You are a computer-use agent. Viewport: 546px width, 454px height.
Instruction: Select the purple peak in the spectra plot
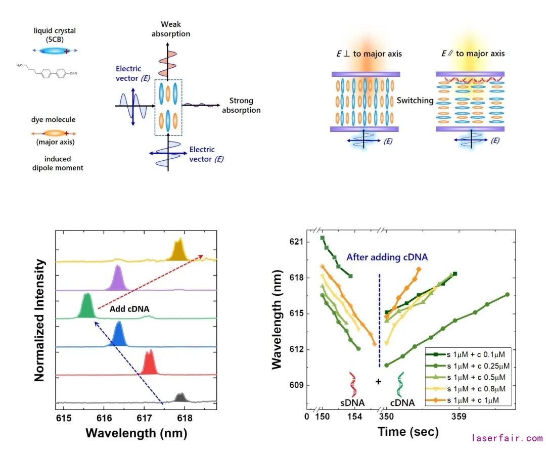tap(118, 279)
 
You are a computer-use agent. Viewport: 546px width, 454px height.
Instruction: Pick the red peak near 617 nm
tap(149, 363)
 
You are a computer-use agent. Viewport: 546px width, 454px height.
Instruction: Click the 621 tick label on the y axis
tap(298, 242)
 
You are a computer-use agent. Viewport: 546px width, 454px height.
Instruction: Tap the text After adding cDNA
tap(387, 257)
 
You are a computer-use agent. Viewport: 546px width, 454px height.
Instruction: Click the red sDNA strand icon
tap(352, 384)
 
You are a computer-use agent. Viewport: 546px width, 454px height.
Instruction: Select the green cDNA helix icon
tap(401, 384)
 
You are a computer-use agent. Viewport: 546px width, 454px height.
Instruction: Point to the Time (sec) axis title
tap(408, 432)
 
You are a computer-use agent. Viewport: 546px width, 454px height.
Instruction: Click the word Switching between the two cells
tap(415, 101)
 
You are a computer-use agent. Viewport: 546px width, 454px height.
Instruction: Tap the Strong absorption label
tap(241, 106)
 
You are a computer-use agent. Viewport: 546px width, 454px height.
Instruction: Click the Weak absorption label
tap(171, 29)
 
